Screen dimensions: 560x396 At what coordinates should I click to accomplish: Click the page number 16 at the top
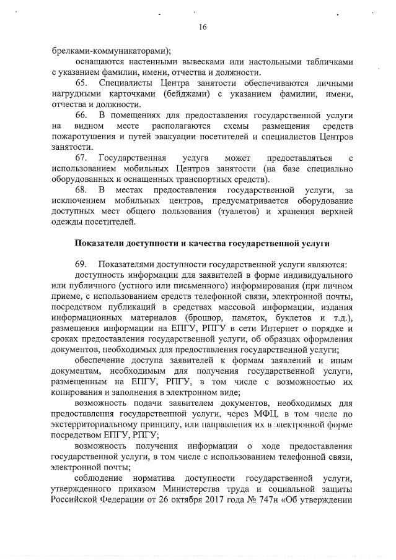pyautogui.click(x=202, y=27)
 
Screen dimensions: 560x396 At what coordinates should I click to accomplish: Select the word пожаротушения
pyautogui.click(x=79, y=136)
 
